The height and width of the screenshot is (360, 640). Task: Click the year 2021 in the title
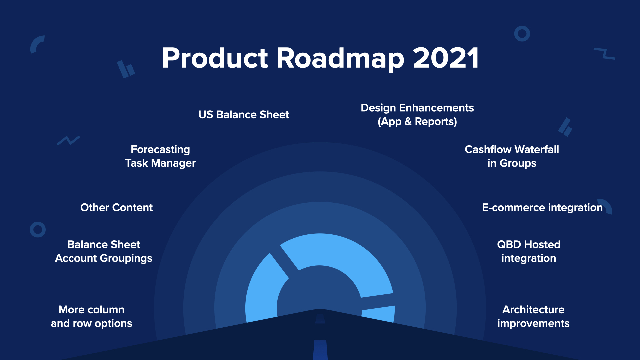(x=446, y=58)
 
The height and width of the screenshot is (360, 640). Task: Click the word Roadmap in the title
(x=340, y=59)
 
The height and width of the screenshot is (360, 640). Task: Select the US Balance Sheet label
(x=244, y=115)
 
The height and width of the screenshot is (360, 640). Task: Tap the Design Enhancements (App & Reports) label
(x=417, y=115)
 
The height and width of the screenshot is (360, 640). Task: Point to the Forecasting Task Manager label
(x=160, y=156)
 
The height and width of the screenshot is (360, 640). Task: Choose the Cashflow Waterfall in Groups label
(x=512, y=156)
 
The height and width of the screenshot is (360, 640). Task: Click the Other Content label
(x=117, y=207)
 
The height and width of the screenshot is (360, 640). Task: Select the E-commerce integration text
(x=542, y=208)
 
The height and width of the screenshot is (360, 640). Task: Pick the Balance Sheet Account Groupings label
(x=104, y=251)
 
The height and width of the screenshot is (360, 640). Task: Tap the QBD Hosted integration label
(x=529, y=251)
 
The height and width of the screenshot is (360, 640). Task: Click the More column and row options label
(x=92, y=317)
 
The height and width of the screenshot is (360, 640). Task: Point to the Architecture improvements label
(x=533, y=317)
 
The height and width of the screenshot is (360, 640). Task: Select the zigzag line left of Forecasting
(x=68, y=140)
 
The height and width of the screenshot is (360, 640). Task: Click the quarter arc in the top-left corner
(x=35, y=42)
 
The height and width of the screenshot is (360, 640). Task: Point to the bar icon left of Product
(x=126, y=69)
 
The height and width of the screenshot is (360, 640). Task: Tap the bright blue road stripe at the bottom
(x=320, y=350)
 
